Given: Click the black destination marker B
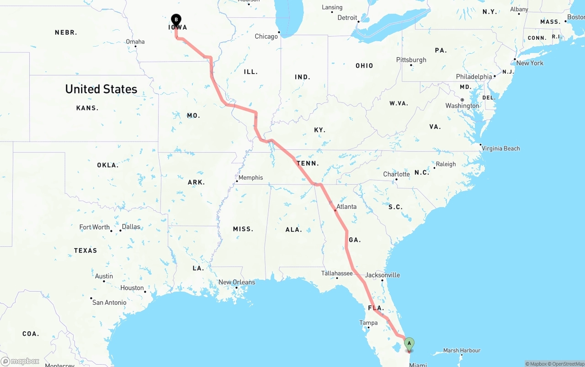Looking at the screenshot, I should click(x=176, y=20).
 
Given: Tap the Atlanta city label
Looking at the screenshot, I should click(x=346, y=207).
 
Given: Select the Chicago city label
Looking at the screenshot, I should click(x=266, y=37).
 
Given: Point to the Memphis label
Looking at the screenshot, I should click(x=250, y=177).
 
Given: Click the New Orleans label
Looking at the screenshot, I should click(x=237, y=282).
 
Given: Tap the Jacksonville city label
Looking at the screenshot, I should click(x=383, y=275).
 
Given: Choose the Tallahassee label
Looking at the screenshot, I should click(x=337, y=273).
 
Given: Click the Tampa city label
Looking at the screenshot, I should click(x=368, y=323).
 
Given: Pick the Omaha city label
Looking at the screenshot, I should click(x=135, y=42).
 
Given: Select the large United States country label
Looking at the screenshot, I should click(x=101, y=89).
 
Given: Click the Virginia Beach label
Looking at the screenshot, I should click(x=500, y=148).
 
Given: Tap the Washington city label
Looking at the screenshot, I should click(x=462, y=106).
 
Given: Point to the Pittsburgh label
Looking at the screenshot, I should click(x=411, y=60).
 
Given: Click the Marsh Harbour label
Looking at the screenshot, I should click(x=462, y=351).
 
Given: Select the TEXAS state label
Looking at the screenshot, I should click(x=85, y=250).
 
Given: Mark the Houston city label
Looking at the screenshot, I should click(x=132, y=288).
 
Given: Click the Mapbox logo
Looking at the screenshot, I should click(x=20, y=362).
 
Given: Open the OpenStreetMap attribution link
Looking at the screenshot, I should click(x=567, y=364).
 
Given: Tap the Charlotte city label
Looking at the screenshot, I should click(x=396, y=174).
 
